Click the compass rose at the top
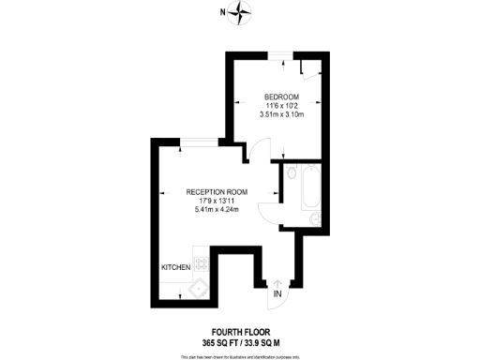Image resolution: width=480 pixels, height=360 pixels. click(x=243, y=12)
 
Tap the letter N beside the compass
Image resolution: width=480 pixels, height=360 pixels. click(x=222, y=12)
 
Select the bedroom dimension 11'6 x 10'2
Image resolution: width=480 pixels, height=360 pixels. click(x=281, y=107)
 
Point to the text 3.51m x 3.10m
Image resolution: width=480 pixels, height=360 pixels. click(x=281, y=115)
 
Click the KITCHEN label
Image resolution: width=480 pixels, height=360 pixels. click(x=176, y=267)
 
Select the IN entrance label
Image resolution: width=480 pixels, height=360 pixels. click(x=277, y=294)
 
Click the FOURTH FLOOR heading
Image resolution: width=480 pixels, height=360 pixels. click(x=239, y=331)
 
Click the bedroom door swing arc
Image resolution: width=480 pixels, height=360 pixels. click(x=259, y=153)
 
